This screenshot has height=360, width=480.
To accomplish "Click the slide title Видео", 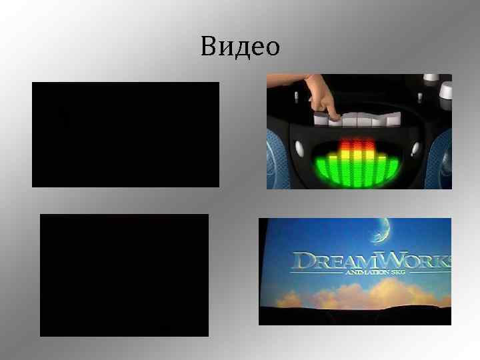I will pos(239,47).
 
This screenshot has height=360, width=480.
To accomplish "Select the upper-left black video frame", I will pos(125,134).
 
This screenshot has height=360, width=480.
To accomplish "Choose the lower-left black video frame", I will pos(124,275).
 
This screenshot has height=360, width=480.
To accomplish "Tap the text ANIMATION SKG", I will pos(365,272).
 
